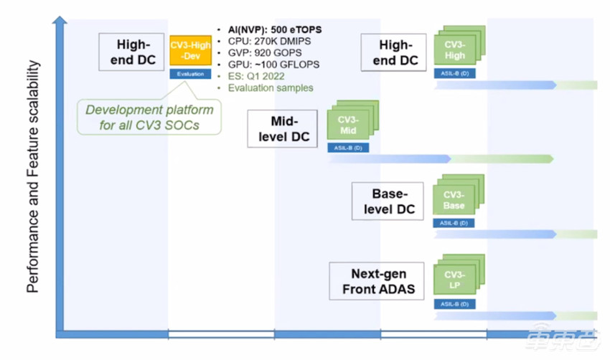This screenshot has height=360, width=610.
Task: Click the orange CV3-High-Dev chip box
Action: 190,51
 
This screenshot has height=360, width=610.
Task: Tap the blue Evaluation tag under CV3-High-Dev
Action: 190,74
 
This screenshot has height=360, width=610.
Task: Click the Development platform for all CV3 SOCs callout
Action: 149,117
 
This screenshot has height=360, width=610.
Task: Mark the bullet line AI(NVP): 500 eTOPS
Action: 269,29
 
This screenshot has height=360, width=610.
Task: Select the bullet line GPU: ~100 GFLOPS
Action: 268,65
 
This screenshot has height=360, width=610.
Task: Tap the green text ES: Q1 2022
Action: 257,76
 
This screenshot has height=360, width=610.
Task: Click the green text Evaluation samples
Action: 271,87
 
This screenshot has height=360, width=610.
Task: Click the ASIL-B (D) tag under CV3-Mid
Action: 349,148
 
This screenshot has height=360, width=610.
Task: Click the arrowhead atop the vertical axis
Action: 60,22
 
